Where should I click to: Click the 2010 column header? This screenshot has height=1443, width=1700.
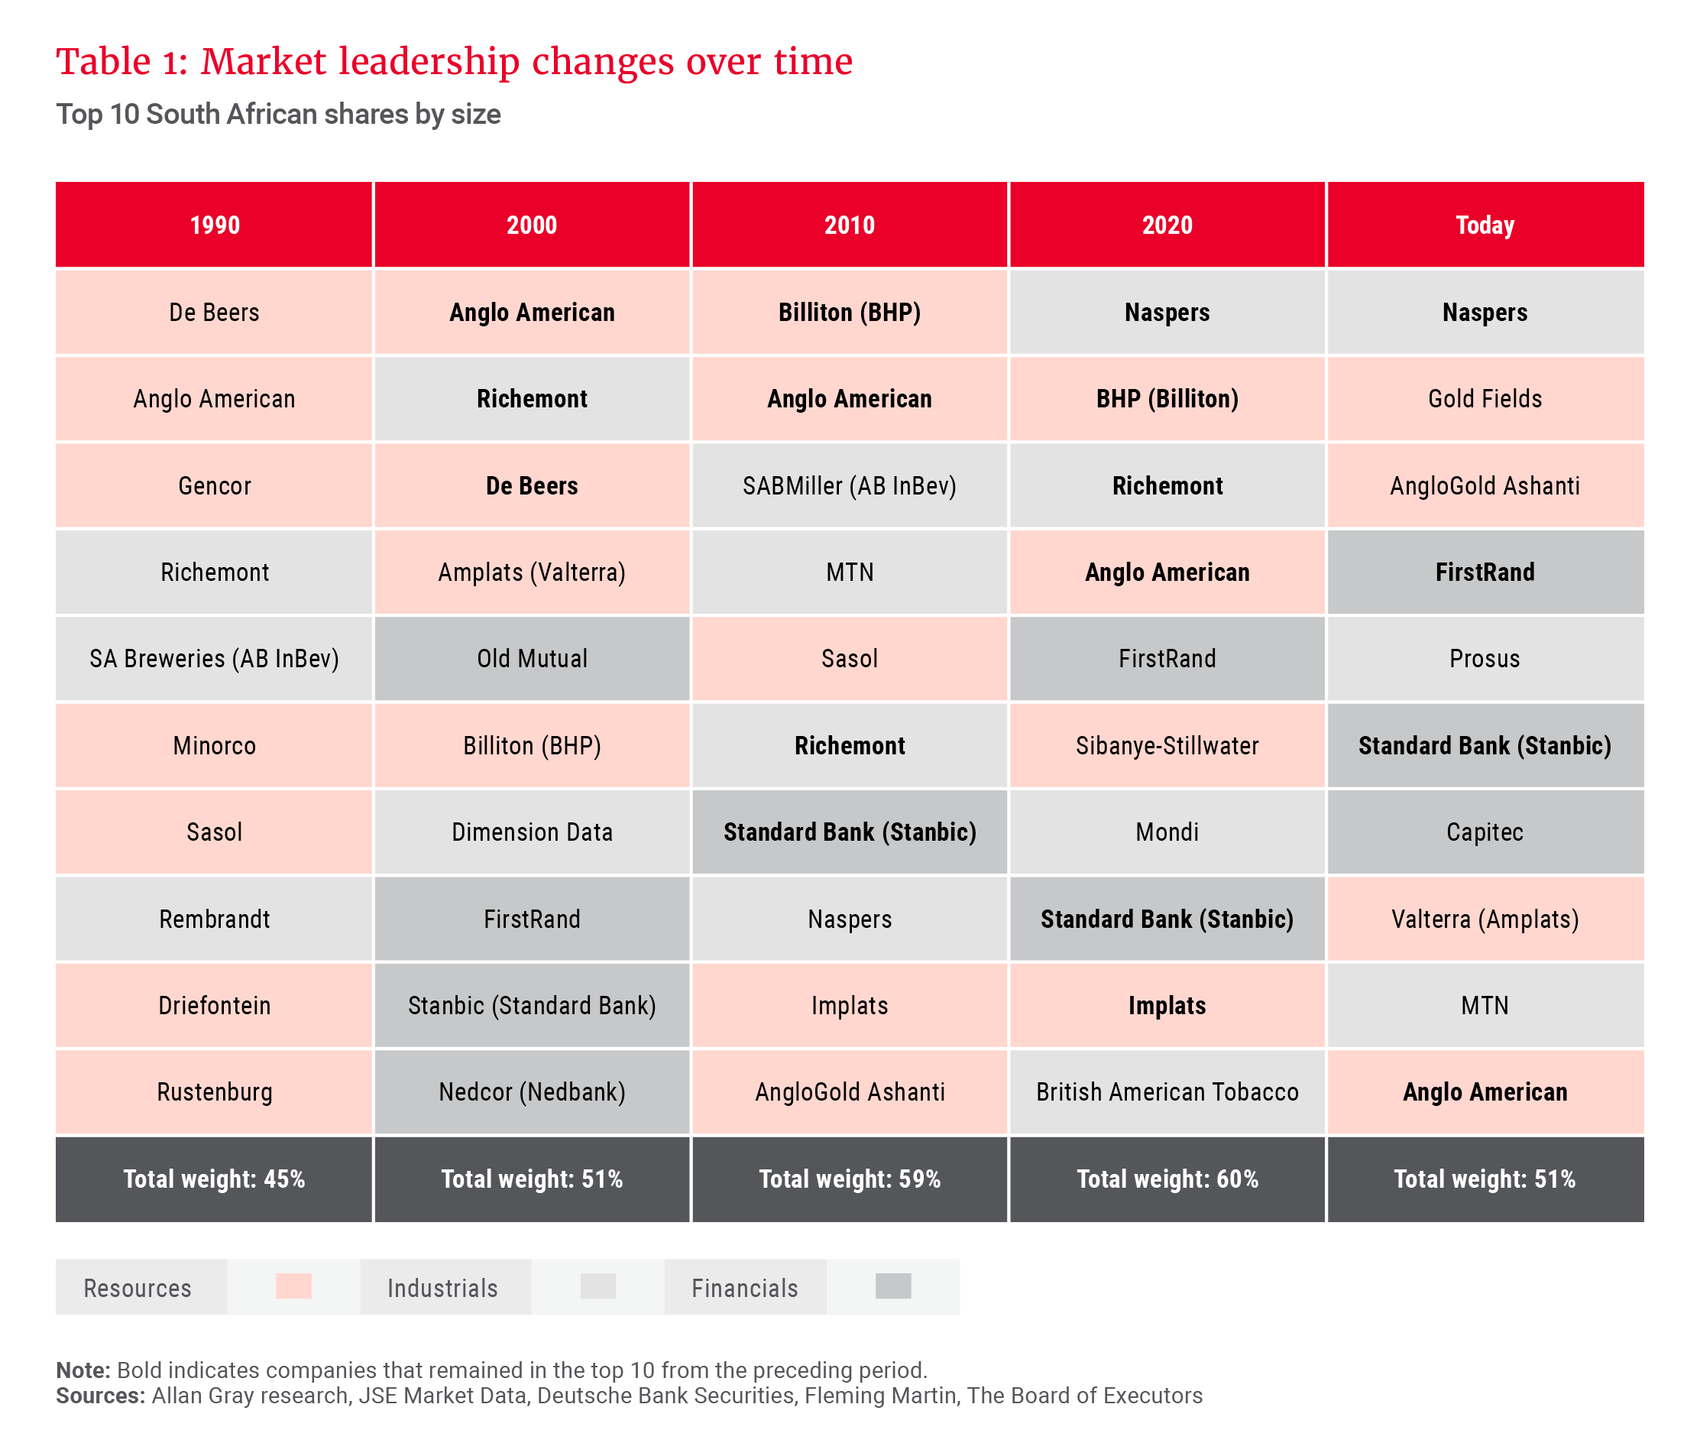point(849,225)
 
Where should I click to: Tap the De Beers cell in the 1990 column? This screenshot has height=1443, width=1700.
point(213,313)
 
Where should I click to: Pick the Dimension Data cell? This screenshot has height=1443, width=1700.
point(532,832)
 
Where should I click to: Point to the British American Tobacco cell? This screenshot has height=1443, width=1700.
point(1167,1092)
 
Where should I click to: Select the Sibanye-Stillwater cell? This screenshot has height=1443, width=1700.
point(1167,745)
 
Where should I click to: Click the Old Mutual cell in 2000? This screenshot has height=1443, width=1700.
point(532,659)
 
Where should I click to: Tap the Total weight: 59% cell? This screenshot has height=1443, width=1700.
point(849,1179)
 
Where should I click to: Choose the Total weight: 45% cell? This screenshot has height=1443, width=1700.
point(213,1179)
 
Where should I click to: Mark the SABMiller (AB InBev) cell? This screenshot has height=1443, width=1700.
point(849,486)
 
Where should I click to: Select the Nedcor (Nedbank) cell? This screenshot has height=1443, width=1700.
point(532,1092)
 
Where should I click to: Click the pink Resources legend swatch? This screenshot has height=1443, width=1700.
point(293,1286)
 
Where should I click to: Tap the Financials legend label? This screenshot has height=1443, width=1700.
point(744,1289)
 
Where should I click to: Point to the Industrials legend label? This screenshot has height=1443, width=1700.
point(442,1289)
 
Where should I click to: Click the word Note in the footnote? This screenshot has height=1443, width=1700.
point(82,1370)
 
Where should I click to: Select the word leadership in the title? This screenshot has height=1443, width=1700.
point(429,62)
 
